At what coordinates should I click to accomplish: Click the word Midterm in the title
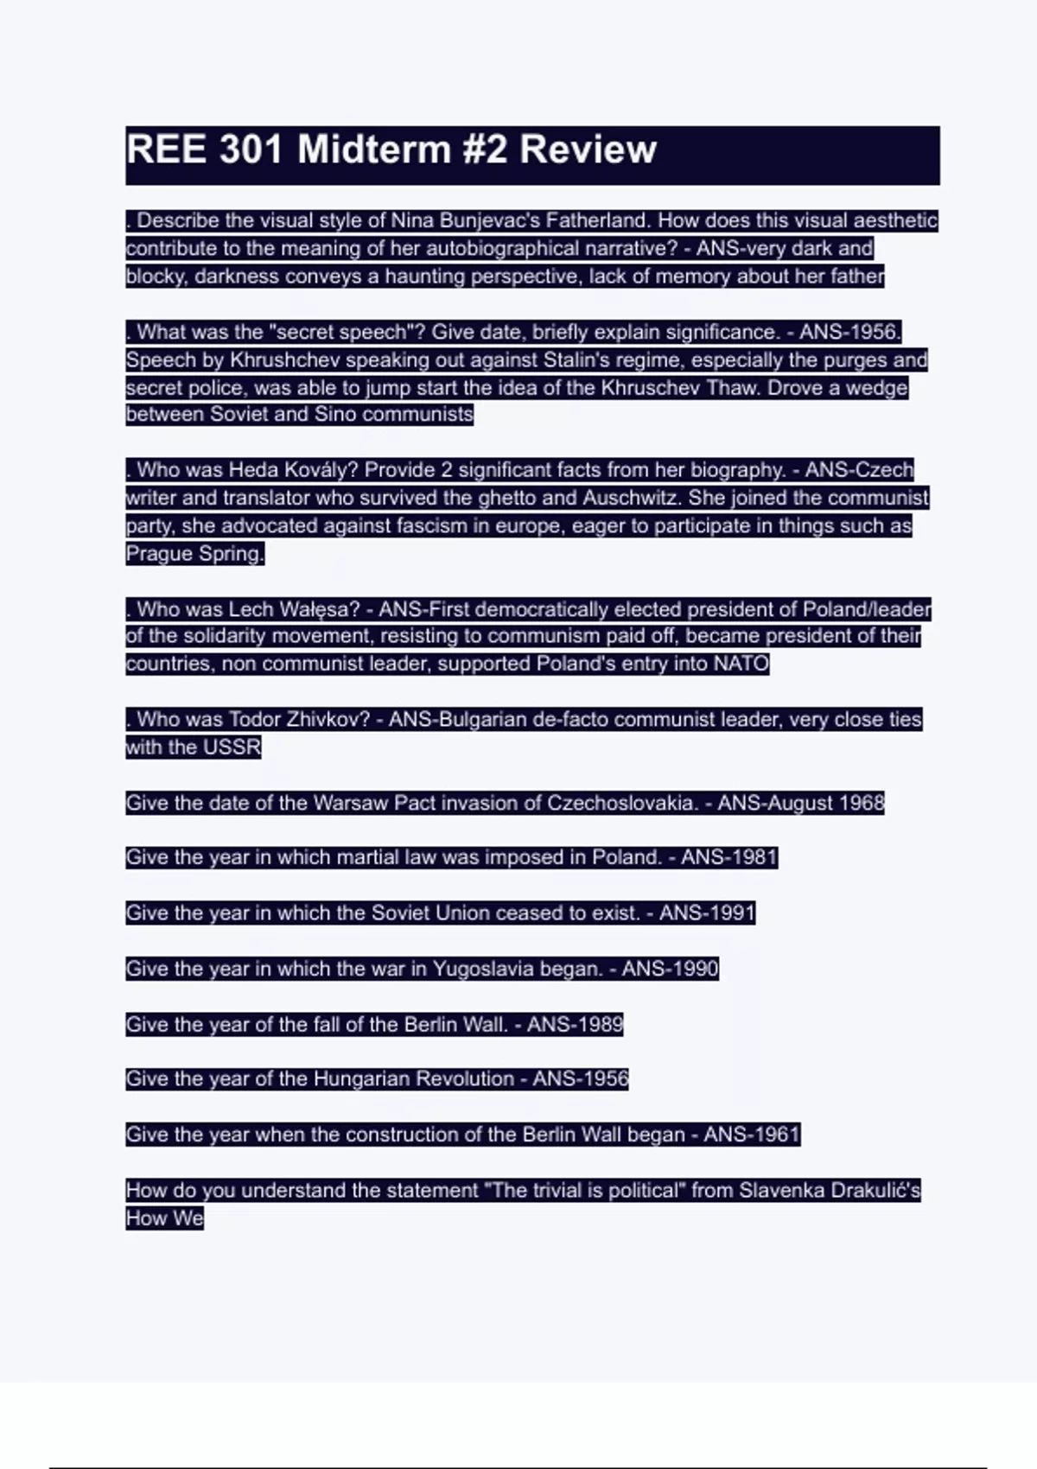point(373,149)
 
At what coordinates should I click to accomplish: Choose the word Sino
point(335,414)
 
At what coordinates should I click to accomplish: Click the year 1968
point(861,803)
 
